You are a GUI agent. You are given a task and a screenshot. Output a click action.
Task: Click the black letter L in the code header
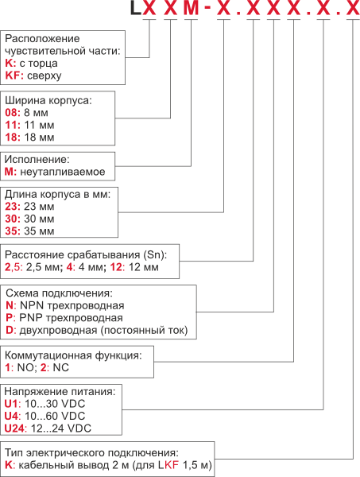136,8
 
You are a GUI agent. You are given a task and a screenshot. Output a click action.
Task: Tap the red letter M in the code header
191,8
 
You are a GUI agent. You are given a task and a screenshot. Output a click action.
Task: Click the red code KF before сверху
13,76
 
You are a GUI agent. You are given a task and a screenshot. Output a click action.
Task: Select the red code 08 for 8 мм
11,113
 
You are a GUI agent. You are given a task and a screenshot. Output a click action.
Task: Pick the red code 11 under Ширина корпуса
11,125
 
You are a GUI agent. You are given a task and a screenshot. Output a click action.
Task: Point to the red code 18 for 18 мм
11,138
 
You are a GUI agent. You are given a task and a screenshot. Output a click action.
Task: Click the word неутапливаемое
63,172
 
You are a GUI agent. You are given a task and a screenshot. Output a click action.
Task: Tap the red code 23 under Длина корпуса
11,207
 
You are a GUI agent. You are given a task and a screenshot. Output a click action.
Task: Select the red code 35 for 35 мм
11,231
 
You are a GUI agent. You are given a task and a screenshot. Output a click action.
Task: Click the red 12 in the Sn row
116,267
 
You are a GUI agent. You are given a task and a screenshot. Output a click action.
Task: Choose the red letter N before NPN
10,305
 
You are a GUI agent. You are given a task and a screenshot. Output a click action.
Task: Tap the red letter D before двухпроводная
10,330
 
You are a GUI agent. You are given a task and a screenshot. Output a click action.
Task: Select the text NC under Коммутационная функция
61,367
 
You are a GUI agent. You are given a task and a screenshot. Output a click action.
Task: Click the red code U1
11,404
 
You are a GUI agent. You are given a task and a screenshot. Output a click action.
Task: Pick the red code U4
11,416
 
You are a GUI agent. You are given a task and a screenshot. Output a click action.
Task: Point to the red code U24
14,429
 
